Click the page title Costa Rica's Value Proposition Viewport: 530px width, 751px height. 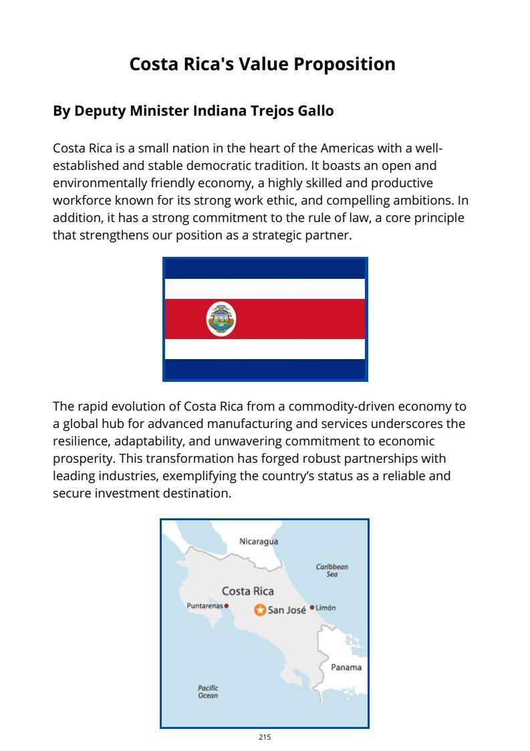[x=262, y=64]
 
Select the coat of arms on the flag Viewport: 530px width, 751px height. [x=221, y=318]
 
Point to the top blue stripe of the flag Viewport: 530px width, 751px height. [x=265, y=268]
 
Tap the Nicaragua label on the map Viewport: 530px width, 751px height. [x=259, y=542]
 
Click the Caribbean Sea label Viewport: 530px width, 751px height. [x=332, y=570]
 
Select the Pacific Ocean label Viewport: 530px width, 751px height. [x=208, y=691]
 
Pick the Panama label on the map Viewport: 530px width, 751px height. [x=346, y=667]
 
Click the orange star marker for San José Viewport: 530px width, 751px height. [x=260, y=610]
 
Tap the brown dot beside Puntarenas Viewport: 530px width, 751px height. [x=227, y=606]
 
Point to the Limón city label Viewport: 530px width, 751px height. [x=326, y=608]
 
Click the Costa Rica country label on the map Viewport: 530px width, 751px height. [x=247, y=591]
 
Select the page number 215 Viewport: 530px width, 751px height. [x=265, y=737]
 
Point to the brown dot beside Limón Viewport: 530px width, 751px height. [x=311, y=607]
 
